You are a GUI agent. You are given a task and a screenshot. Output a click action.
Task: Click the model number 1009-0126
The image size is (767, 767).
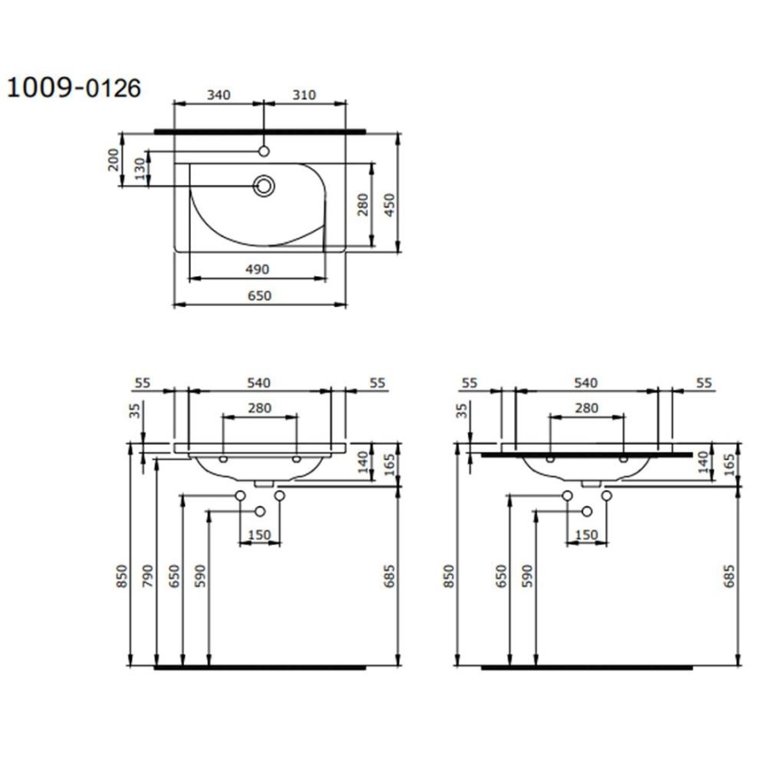pos(74,88)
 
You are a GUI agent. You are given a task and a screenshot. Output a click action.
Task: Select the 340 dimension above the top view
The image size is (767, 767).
pos(218,95)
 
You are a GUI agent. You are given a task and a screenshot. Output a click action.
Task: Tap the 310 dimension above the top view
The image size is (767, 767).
pos(303,95)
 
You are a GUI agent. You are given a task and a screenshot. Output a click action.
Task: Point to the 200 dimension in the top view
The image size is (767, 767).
pos(113,159)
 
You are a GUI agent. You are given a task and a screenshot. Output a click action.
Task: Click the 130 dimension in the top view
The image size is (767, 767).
pos(140,168)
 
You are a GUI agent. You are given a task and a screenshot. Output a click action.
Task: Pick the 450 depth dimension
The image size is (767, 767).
pos(389,206)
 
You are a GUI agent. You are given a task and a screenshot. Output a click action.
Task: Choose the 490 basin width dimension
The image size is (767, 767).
pos(257,269)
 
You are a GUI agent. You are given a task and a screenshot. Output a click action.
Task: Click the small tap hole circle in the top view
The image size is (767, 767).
pos(264,151)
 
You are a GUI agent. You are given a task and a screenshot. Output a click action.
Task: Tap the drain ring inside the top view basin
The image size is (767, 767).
pos(264,186)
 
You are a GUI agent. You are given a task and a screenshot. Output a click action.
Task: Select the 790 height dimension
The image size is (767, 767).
pos(147,576)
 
